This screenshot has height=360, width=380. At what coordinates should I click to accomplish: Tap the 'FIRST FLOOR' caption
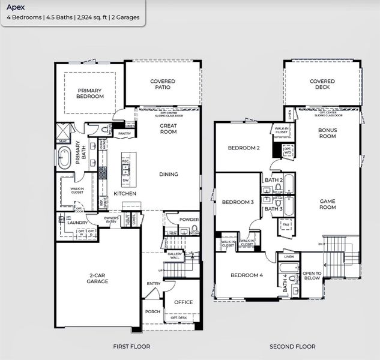(131, 347)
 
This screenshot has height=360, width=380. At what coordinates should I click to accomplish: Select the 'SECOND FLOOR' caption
(292, 347)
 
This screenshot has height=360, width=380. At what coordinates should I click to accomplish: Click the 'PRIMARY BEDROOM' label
(90, 93)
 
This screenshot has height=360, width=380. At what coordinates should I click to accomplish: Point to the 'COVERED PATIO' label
(163, 84)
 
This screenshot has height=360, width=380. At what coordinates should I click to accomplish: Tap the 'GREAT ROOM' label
(168, 129)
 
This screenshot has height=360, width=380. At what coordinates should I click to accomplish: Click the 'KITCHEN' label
(125, 194)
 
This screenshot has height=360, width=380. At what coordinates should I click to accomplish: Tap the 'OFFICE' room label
(183, 302)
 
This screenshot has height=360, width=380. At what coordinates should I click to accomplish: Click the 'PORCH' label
(152, 312)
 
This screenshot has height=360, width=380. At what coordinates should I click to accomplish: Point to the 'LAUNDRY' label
(78, 223)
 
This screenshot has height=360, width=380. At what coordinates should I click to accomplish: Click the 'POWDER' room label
(188, 220)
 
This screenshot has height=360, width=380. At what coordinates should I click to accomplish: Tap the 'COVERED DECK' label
(322, 84)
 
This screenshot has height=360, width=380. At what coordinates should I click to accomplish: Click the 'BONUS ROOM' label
(327, 133)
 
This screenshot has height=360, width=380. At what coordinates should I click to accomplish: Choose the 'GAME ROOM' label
(327, 204)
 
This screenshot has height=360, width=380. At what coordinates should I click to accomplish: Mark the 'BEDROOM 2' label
(243, 148)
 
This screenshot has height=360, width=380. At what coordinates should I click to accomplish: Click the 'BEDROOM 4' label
(247, 275)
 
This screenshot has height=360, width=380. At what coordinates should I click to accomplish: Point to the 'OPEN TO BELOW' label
(311, 275)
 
